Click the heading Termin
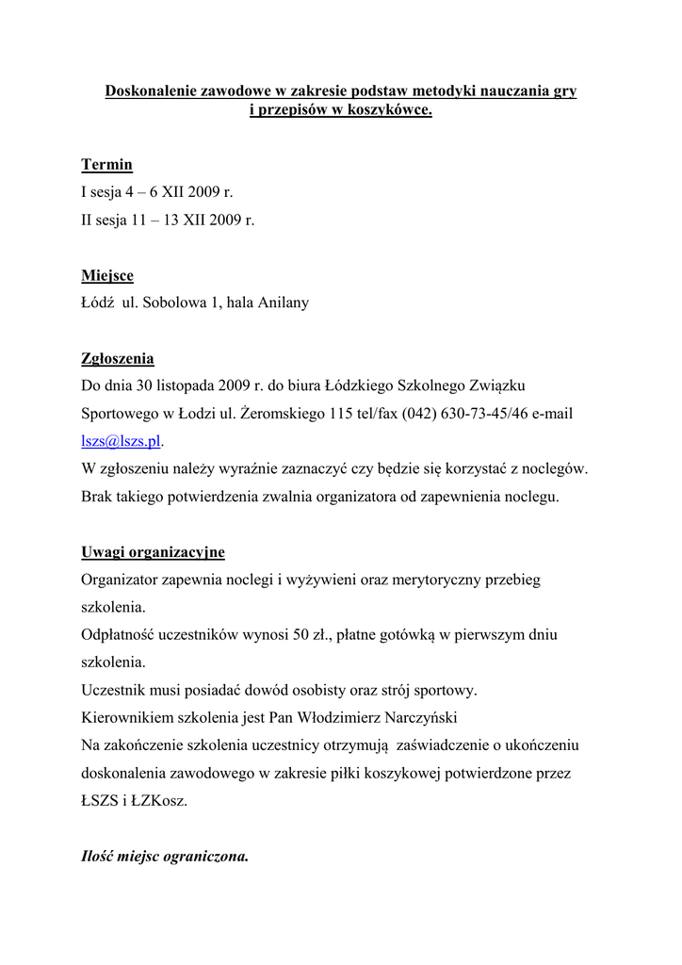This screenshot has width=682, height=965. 106,165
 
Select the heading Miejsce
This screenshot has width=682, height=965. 107,276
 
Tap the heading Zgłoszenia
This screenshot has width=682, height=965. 117,359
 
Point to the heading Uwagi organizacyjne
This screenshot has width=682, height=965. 153,551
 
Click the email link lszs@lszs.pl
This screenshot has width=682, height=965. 122,441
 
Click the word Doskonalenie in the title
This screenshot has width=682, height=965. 151,91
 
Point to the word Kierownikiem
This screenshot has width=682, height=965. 126,717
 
